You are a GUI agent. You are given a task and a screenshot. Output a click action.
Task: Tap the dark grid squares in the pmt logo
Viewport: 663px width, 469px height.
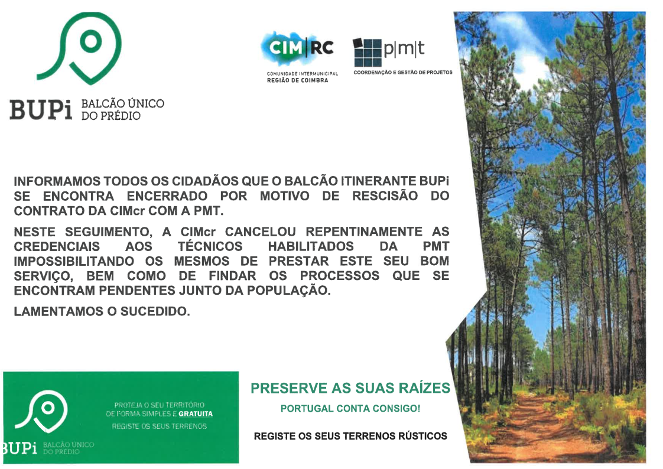(x=367, y=53)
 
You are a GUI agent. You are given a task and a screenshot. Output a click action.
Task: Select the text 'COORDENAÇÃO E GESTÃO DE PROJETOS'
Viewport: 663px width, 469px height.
(x=403, y=72)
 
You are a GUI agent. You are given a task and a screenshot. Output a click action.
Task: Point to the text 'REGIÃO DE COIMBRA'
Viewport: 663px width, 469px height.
(x=297, y=80)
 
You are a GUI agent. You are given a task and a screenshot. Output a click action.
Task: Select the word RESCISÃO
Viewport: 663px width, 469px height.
(x=385, y=196)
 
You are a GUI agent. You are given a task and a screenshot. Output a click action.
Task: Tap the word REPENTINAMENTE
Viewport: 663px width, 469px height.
(x=364, y=232)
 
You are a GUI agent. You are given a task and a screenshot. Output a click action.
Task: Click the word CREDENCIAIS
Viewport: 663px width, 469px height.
(x=57, y=246)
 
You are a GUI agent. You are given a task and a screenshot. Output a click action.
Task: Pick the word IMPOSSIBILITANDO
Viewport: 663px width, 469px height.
(x=74, y=261)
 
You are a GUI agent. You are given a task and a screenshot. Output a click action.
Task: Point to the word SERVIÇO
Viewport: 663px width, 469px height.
(x=43, y=276)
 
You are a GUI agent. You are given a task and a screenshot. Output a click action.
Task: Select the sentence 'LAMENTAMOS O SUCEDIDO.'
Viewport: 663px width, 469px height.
(x=102, y=312)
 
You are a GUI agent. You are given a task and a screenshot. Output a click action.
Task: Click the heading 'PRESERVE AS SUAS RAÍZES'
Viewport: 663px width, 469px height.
(x=350, y=388)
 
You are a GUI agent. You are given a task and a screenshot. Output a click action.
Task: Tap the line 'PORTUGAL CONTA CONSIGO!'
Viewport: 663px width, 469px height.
(x=350, y=409)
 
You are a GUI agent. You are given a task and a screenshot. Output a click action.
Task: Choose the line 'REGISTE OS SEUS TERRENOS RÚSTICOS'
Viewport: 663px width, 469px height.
(x=350, y=436)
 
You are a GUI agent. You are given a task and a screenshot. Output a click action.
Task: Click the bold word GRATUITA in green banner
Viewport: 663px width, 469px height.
(x=196, y=414)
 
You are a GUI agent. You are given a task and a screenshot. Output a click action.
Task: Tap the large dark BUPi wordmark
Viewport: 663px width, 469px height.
(x=41, y=109)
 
